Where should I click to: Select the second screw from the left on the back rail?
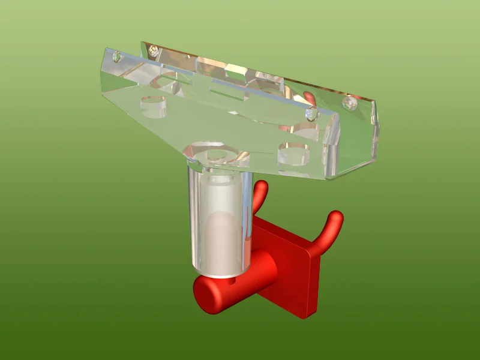click(x=155, y=50)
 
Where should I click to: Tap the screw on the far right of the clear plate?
click(x=349, y=103)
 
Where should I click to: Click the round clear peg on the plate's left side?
click(x=154, y=106)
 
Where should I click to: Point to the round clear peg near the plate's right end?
click(x=293, y=155)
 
